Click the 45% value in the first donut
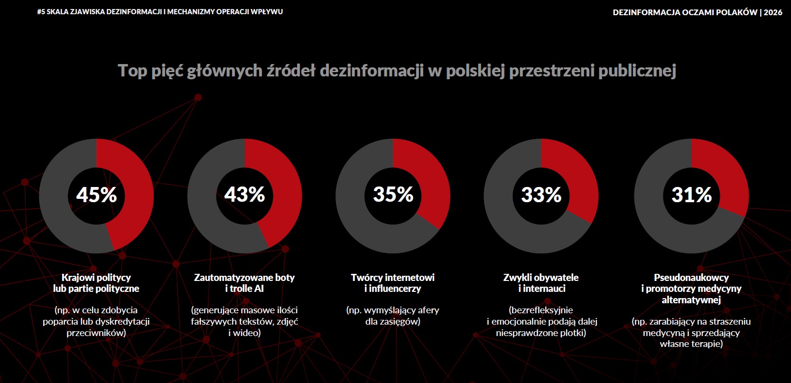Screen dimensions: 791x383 (96, 195)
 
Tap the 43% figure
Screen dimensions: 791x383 (245, 194)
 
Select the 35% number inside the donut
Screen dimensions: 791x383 (393, 194)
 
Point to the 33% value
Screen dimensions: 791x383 (541, 195)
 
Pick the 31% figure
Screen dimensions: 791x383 (691, 195)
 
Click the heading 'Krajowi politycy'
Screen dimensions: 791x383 (96, 277)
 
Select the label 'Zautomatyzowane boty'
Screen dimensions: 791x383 (244, 277)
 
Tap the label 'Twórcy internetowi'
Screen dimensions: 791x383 (393, 277)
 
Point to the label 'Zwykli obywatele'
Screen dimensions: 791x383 (541, 277)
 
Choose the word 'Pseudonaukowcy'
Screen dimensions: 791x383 (691, 277)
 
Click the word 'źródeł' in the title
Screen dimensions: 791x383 (290, 70)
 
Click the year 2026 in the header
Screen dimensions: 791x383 (773, 12)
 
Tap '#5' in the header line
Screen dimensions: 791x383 (41, 12)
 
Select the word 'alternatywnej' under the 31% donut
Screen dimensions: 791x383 (691, 300)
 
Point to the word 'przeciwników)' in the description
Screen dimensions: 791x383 (96, 333)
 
